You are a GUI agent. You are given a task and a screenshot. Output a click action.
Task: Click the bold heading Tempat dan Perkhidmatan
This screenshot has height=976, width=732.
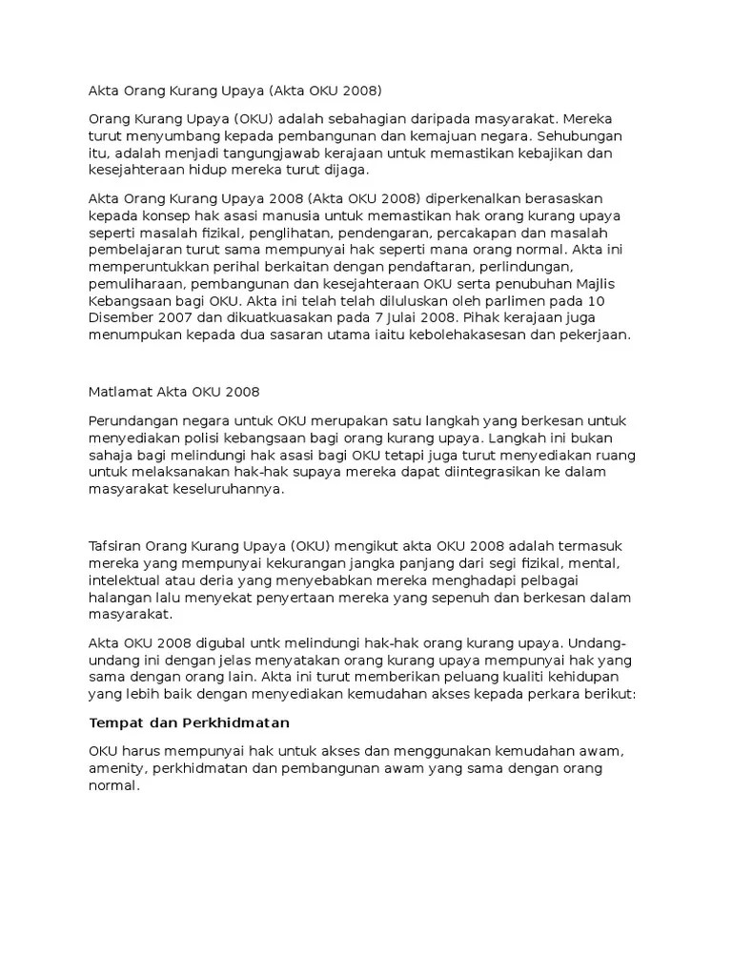[189, 722]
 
